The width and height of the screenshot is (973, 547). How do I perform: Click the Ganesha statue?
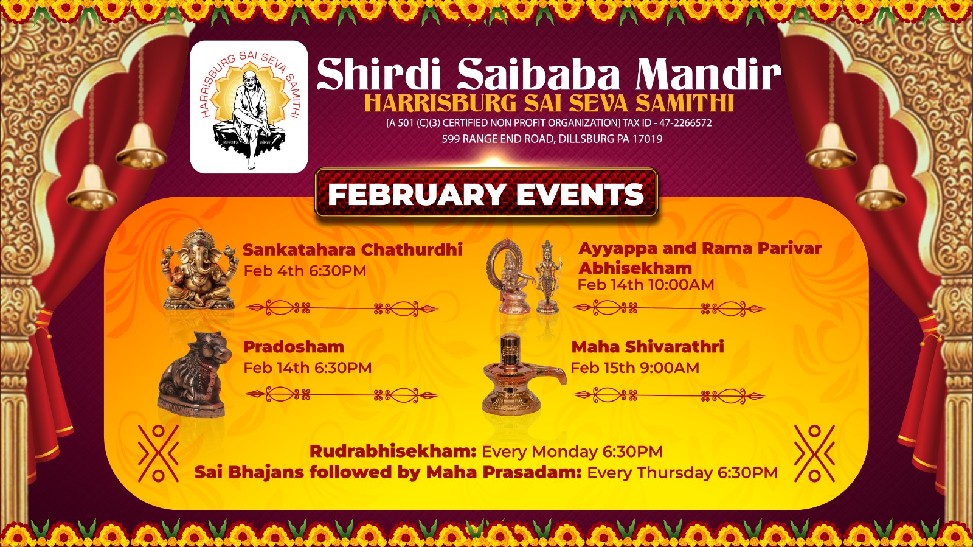[200, 270]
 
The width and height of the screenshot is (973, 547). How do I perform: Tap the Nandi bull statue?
[194, 374]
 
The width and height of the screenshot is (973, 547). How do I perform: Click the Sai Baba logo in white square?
[249, 107]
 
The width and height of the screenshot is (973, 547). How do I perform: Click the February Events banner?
[486, 193]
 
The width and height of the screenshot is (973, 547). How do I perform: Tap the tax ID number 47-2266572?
[685, 123]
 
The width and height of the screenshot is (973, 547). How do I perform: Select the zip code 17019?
[648, 139]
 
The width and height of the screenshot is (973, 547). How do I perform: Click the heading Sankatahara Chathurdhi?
[352, 250]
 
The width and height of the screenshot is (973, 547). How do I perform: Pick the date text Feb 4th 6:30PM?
[305, 271]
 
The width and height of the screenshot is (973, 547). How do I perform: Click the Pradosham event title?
[294, 347]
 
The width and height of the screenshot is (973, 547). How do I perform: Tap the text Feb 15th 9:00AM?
[635, 368]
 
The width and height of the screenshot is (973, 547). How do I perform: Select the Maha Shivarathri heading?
[648, 347]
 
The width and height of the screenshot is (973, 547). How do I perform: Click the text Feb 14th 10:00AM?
[646, 285]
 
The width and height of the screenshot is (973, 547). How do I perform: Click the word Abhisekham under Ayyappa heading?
[635, 268]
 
